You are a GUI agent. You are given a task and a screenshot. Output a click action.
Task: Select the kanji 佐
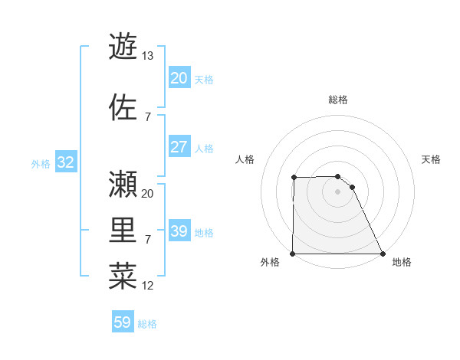(x=123, y=107)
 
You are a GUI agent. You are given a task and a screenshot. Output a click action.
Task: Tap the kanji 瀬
(x=123, y=183)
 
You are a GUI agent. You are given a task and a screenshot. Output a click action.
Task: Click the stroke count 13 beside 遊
(x=148, y=55)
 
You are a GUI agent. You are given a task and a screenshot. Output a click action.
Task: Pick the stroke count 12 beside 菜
(x=148, y=286)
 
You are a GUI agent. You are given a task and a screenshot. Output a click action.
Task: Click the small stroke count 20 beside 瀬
(x=148, y=193)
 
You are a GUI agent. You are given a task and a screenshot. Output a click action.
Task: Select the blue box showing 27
(x=179, y=148)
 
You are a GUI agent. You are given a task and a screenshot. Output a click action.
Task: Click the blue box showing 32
(x=65, y=163)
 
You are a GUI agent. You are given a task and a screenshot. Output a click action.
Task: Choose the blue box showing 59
(x=122, y=323)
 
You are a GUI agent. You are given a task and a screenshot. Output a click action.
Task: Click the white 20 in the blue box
(x=179, y=78)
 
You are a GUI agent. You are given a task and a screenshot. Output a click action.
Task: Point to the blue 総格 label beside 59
(x=147, y=324)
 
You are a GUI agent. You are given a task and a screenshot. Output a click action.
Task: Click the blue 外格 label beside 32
(x=41, y=164)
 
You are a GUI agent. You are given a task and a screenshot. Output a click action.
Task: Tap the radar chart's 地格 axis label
(x=402, y=262)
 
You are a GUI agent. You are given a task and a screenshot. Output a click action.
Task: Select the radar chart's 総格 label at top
(x=338, y=100)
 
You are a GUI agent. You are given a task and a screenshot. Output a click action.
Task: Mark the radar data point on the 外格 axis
(x=293, y=254)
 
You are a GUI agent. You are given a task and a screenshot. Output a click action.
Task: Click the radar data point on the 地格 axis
(x=383, y=254)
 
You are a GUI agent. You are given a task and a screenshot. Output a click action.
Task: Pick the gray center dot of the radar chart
(x=337, y=191)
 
